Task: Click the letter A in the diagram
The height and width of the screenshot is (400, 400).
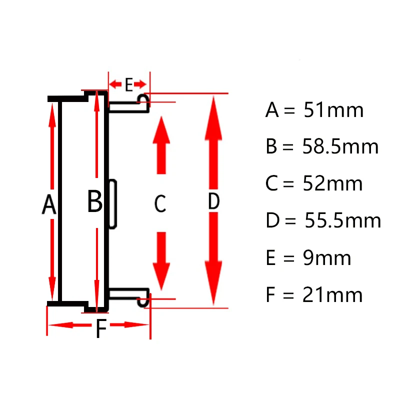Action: [48, 204]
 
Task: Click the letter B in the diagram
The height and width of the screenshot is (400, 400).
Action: [94, 201]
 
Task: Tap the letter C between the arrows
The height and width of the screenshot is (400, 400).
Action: [160, 203]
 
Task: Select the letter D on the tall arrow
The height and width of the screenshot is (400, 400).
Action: [214, 201]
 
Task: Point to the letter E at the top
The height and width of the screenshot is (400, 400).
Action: [129, 84]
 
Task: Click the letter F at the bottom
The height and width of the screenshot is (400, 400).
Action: [101, 328]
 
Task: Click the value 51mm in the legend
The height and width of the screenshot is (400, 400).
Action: [333, 110]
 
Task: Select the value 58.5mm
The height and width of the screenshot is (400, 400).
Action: [340, 146]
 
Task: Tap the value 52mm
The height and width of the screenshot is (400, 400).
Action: [332, 183]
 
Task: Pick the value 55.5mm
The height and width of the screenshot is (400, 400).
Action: [343, 220]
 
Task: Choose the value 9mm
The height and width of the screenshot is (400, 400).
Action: [327, 258]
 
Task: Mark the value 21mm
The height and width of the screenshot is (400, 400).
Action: [332, 294]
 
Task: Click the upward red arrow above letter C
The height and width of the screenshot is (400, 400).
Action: [161, 145]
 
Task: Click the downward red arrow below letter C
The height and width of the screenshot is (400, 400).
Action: [161, 261]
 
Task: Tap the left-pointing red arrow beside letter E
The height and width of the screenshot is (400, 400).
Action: [115, 84]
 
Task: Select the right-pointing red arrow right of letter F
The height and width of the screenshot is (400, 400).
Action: [129, 324]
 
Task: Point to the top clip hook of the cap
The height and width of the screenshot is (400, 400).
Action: [143, 100]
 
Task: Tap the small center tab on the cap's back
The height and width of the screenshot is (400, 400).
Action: [113, 204]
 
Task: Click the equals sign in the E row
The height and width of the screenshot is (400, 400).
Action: [289, 258]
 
